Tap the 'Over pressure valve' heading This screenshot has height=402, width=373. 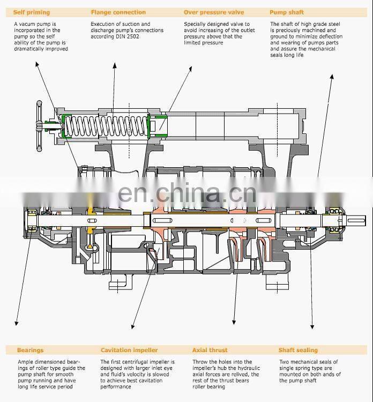[x=213, y=12]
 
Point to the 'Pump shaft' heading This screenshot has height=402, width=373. [x=287, y=12]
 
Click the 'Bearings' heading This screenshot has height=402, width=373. [x=30, y=350]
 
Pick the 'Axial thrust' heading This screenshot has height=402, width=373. [x=210, y=350]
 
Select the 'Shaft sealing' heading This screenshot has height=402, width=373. [x=298, y=350]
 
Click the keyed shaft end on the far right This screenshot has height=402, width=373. [x=356, y=220]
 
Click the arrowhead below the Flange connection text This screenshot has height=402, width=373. [x=114, y=65]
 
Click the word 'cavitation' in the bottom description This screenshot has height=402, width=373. [x=154, y=381]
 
